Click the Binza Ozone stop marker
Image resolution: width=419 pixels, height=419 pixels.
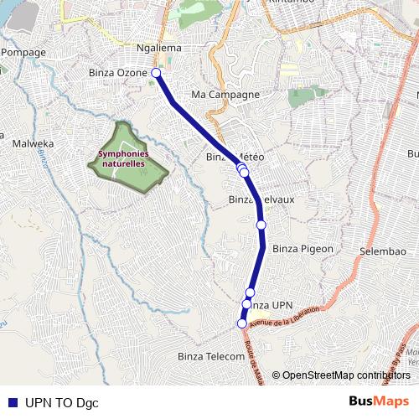pos(156,73)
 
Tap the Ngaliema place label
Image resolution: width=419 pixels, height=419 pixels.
pos(158,49)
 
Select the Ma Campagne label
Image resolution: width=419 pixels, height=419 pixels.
pos(225,95)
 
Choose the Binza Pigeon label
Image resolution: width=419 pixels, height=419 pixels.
pos(303,249)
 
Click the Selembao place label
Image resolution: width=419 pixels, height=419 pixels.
pos(382,251)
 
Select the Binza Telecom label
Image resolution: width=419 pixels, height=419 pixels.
pos(210,357)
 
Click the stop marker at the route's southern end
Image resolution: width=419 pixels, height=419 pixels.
pos(242,323)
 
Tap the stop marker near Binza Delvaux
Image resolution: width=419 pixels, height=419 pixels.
pos(261,225)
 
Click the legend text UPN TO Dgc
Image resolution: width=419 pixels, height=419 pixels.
pos(62,402)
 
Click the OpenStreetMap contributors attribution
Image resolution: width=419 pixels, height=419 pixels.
pos(346,375)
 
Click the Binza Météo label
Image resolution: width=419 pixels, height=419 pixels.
pos(235,158)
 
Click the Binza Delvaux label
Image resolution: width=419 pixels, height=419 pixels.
pos(261,199)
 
